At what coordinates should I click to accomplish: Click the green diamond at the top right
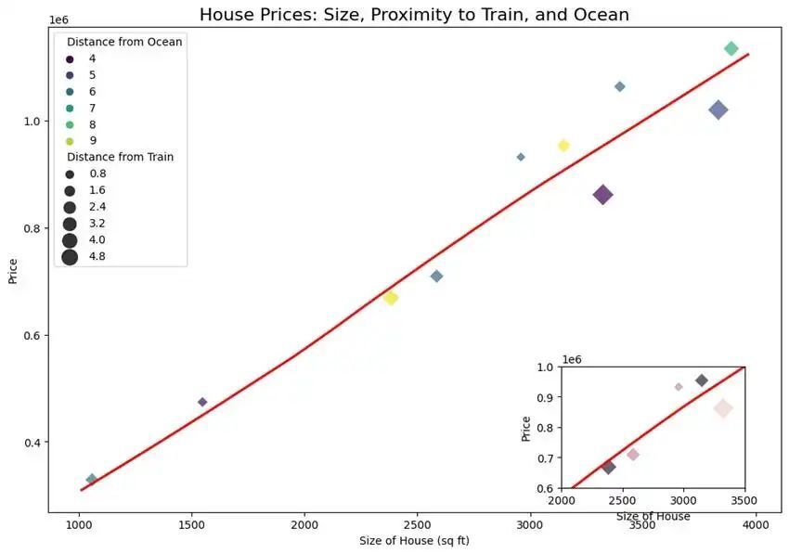point(731,48)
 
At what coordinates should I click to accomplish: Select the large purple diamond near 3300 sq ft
point(602,195)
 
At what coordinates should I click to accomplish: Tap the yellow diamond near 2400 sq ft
point(391,298)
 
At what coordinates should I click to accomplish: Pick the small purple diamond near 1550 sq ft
point(202,402)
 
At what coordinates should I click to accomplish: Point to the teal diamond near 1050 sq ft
point(91,480)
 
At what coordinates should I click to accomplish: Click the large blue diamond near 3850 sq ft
point(718,110)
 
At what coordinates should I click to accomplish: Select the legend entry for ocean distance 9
point(70,141)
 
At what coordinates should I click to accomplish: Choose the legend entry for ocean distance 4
point(70,58)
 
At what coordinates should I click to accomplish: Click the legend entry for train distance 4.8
point(70,257)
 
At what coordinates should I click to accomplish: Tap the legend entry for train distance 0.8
point(70,174)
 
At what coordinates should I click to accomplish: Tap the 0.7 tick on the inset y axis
point(545,458)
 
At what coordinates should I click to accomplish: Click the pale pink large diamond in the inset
point(723,408)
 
